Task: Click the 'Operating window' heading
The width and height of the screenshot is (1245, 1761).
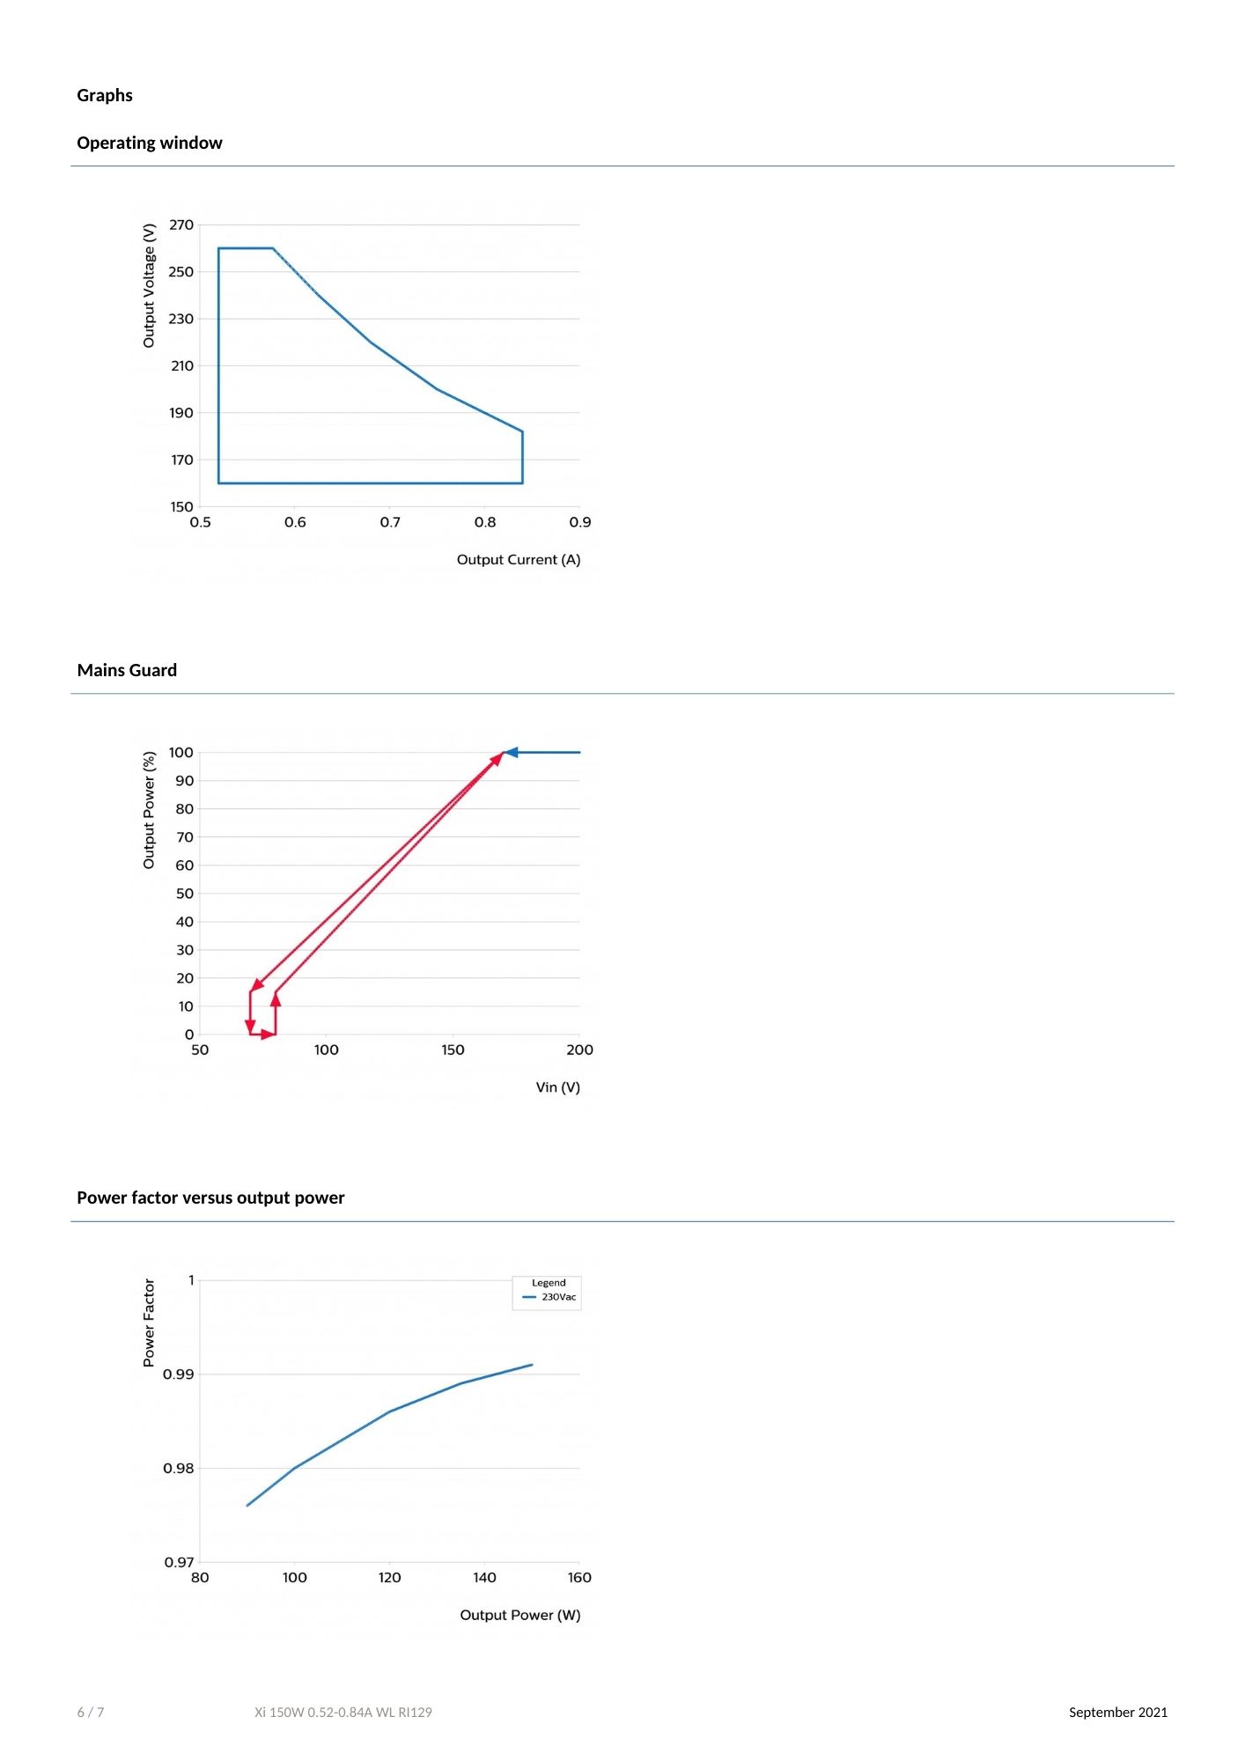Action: [149, 143]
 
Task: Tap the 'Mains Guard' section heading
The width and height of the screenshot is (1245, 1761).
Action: [127, 670]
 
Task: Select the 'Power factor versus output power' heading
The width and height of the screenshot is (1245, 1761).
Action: [210, 1197]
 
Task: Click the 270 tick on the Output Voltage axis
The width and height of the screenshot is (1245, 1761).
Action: [181, 225]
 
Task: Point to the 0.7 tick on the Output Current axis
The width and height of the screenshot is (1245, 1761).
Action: [390, 522]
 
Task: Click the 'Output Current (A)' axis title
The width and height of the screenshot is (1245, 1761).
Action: [518, 560]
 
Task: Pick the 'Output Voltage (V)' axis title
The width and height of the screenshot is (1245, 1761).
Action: [149, 285]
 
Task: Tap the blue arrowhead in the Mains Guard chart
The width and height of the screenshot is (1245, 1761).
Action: [511, 752]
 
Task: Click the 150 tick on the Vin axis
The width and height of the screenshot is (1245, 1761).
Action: [453, 1050]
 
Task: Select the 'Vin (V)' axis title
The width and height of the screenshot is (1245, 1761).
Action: [557, 1087]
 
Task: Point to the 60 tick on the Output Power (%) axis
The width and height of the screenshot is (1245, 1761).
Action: [184, 866]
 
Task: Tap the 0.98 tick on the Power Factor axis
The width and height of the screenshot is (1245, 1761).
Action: [179, 1468]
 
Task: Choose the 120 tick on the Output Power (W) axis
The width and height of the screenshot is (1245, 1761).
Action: [389, 1577]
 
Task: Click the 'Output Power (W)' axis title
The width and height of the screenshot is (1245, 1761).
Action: [519, 1615]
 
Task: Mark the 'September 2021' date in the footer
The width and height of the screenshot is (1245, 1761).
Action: [1117, 1712]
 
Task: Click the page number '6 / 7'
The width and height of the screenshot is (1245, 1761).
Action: [91, 1713]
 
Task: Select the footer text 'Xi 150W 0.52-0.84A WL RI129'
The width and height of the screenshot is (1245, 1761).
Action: [343, 1713]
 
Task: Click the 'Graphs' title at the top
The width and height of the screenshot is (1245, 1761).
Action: [105, 95]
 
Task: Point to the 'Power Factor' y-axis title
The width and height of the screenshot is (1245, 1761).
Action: [149, 1323]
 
